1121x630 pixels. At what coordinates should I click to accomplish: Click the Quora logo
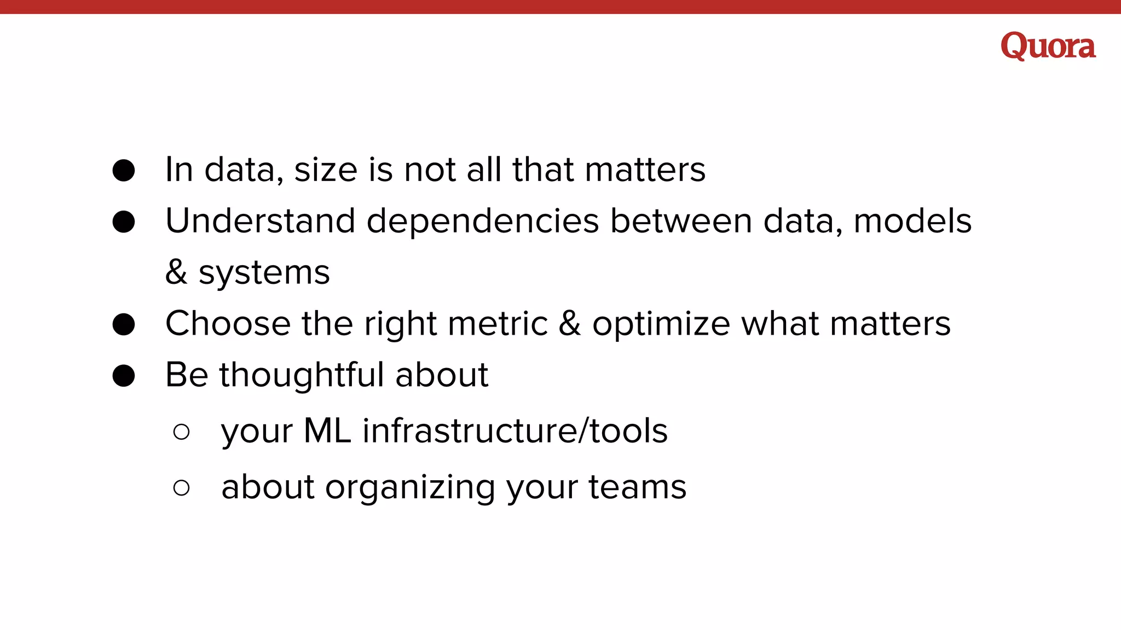pyautogui.click(x=1048, y=46)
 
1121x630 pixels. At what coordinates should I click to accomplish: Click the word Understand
pyautogui.click(x=260, y=221)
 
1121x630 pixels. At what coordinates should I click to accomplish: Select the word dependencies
pyautogui.click(x=483, y=222)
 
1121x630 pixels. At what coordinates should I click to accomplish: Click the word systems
pyautogui.click(x=264, y=273)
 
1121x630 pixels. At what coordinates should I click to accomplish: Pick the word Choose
pyautogui.click(x=228, y=323)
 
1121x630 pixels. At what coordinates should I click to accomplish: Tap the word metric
pyautogui.click(x=498, y=323)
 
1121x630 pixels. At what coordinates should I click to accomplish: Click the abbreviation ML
pyautogui.click(x=327, y=431)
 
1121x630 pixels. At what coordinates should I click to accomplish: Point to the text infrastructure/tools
pyautogui.click(x=515, y=431)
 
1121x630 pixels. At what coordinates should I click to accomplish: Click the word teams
pyautogui.click(x=637, y=487)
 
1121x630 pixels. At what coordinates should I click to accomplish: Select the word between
pyautogui.click(x=681, y=221)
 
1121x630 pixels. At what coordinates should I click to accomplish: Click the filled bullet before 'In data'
pyautogui.click(x=124, y=171)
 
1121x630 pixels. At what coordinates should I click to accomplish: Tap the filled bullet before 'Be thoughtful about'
pyautogui.click(x=124, y=376)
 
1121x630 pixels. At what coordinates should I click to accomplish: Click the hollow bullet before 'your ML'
pyautogui.click(x=181, y=432)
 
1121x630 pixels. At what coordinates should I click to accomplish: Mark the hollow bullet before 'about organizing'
pyautogui.click(x=181, y=488)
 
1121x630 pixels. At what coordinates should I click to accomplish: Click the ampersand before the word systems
pyautogui.click(x=176, y=272)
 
